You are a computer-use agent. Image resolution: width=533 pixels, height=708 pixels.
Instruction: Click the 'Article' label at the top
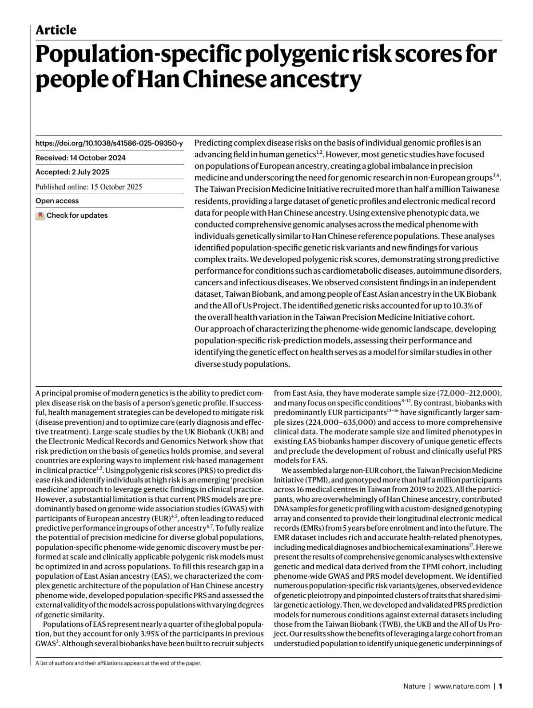[56, 30]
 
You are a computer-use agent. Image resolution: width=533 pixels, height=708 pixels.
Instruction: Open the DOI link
[109, 143]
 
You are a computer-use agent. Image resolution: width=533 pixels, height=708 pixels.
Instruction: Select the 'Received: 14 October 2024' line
[80, 158]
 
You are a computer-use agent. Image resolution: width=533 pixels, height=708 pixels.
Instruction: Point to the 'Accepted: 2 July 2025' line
[72, 172]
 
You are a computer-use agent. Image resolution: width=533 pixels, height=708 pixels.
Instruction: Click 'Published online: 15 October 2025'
[89, 187]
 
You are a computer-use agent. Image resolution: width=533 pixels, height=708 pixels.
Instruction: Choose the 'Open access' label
[57, 201]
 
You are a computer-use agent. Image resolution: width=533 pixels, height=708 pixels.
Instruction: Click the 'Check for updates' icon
[40, 216]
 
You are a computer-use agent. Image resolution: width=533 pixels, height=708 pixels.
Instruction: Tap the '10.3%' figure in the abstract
[461, 306]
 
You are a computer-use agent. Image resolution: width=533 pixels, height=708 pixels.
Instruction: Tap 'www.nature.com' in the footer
[462, 686]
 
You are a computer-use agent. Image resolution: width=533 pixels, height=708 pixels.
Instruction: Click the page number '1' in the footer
[500, 686]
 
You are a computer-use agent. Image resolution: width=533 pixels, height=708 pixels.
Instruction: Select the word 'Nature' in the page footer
[414, 686]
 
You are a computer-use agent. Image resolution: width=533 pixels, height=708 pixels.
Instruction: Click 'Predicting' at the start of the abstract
[213, 143]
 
